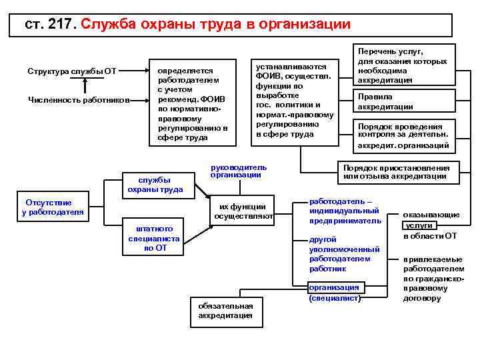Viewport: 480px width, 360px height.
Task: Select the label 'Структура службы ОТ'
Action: [71, 71]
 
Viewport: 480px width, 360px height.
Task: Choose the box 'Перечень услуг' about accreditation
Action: [402, 65]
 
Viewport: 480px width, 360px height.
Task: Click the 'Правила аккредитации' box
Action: [402, 101]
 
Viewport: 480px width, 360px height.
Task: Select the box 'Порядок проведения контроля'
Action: [402, 135]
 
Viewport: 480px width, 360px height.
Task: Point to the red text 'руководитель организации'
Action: [238, 171]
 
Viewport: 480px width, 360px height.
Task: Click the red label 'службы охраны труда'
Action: [155, 184]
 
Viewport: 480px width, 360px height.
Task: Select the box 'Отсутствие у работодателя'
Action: [53, 207]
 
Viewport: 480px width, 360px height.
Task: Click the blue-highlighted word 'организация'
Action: [334, 287]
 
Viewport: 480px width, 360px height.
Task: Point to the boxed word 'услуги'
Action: [419, 225]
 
